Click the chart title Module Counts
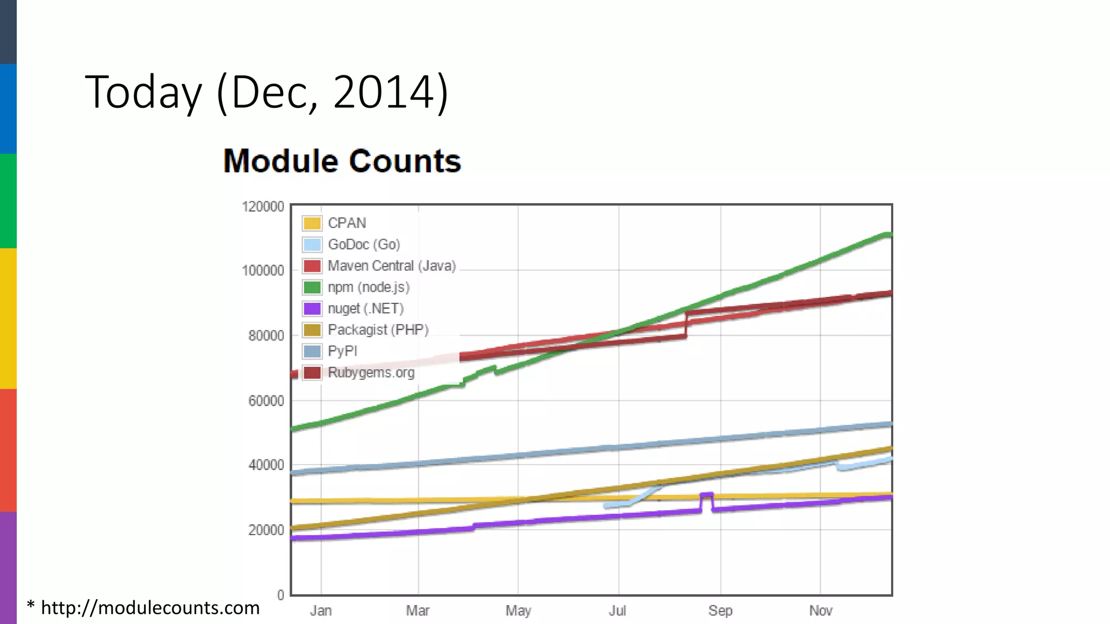(342, 161)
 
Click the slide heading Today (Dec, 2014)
(267, 92)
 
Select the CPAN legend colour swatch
(312, 223)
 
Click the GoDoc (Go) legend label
(364, 244)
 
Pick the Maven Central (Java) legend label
(391, 266)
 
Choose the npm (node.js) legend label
(369, 287)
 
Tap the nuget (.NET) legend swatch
(312, 309)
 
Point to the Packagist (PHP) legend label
(378, 330)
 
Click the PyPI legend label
(343, 351)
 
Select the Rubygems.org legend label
(371, 373)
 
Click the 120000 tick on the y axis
(263, 207)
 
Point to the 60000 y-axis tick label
(266, 401)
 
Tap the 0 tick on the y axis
(281, 595)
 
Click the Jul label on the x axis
(617, 611)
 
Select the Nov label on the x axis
(821, 611)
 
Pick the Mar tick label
(418, 611)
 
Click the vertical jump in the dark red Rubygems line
(686, 324)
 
